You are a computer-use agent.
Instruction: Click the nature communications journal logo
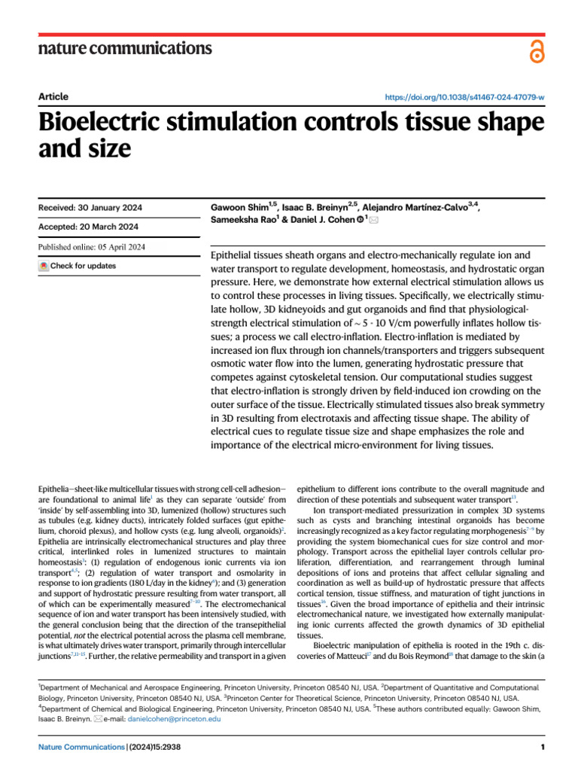coord(125,49)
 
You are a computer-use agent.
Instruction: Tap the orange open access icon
coord(535,51)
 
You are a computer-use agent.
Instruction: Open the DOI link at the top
coord(464,98)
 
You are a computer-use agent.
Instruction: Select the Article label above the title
coord(53,96)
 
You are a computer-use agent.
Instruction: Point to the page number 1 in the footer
coord(542,747)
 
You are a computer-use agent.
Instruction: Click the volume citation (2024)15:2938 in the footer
coord(154,747)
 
